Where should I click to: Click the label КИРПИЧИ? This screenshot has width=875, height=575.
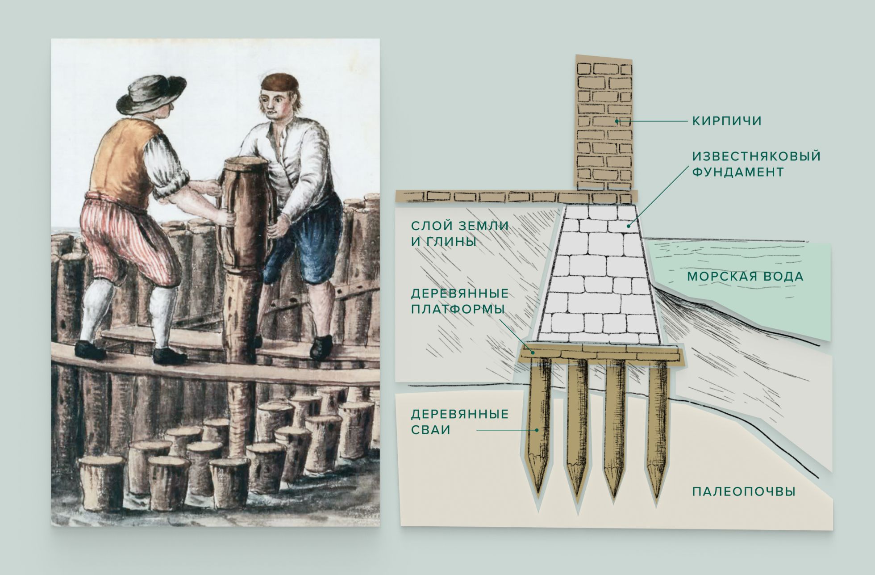727,121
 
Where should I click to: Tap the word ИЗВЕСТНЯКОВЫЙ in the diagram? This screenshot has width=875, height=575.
757,156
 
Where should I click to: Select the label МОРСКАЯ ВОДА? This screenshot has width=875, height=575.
745,277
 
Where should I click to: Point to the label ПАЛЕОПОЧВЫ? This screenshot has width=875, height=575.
744,492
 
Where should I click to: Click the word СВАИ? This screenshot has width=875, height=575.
431,430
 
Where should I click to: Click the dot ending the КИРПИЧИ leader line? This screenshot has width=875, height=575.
617,121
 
